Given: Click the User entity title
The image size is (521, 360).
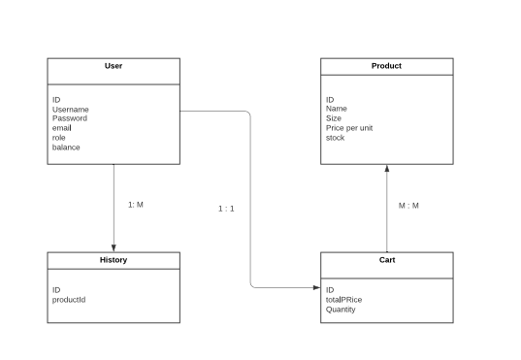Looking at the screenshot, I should pyautogui.click(x=114, y=66).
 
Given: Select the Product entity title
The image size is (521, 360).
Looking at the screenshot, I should pyautogui.click(x=386, y=66).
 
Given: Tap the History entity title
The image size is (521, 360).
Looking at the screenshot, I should pyautogui.click(x=114, y=260).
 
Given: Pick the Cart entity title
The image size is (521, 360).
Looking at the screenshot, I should pyautogui.click(x=386, y=260).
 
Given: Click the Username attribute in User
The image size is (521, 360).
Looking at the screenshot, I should pyautogui.click(x=71, y=110).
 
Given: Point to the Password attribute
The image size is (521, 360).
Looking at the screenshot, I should pyautogui.click(x=70, y=118).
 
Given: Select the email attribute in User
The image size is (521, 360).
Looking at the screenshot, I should pyautogui.click(x=62, y=128).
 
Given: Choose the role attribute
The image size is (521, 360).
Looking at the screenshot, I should pyautogui.click(x=59, y=138).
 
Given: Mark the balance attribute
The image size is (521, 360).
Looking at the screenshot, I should pyautogui.click(x=66, y=147).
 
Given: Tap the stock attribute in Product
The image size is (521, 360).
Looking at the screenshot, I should pyautogui.click(x=335, y=138).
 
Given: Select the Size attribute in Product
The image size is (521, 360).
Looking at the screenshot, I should pyautogui.click(x=334, y=118).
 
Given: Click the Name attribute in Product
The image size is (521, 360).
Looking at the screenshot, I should pyautogui.click(x=337, y=110).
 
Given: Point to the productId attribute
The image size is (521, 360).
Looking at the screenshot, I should pyautogui.click(x=69, y=300).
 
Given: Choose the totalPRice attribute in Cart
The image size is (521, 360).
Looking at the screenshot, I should pyautogui.click(x=344, y=300).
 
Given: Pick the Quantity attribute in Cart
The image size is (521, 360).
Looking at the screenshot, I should pyautogui.click(x=341, y=310).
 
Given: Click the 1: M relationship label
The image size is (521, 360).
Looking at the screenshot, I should pyautogui.click(x=136, y=205).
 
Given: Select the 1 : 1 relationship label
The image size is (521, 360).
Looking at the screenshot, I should pyautogui.click(x=226, y=209).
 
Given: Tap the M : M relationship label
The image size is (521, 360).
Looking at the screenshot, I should pyautogui.click(x=409, y=206).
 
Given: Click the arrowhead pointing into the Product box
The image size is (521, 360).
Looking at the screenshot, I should pyautogui.click(x=386, y=169).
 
